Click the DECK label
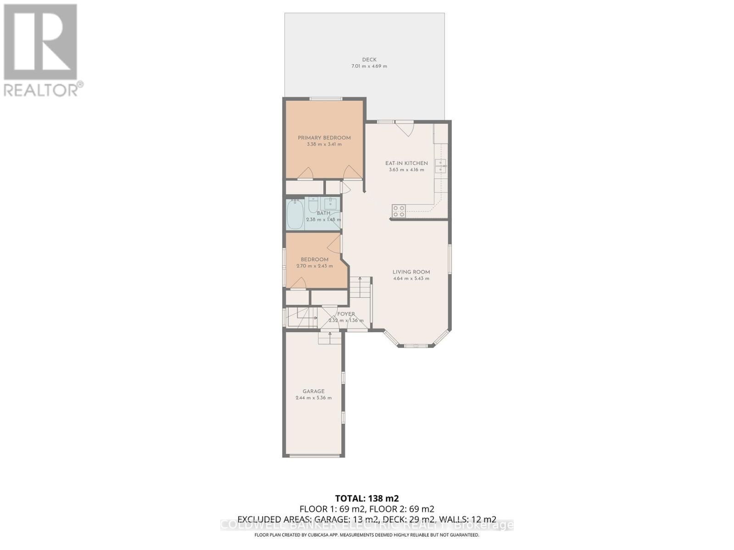(x=369, y=60)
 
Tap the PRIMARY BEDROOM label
(x=324, y=138)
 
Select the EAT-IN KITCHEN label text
(x=406, y=163)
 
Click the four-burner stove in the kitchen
(x=399, y=211)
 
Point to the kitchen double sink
(x=440, y=166)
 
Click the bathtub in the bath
(x=295, y=215)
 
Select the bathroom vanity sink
(x=330, y=203)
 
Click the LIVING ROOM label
(x=411, y=272)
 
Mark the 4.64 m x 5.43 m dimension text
(x=411, y=279)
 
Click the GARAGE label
(x=313, y=391)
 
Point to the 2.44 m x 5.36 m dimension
(x=313, y=398)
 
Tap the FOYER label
(x=346, y=314)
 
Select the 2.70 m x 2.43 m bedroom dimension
(x=314, y=266)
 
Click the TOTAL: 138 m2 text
(x=367, y=498)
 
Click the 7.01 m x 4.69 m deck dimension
(x=369, y=66)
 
